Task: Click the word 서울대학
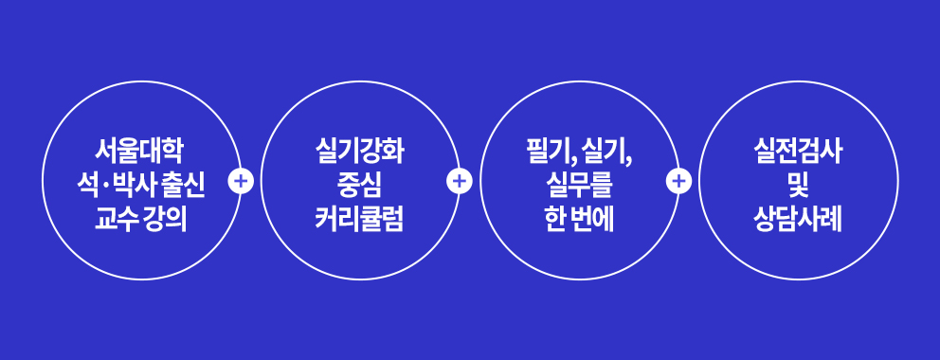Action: tap(140, 151)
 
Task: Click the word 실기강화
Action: tap(359, 151)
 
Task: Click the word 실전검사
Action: tap(798, 151)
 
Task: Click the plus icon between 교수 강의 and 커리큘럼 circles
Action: tap(242, 180)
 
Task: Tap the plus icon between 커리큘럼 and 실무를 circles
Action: tap(460, 180)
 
